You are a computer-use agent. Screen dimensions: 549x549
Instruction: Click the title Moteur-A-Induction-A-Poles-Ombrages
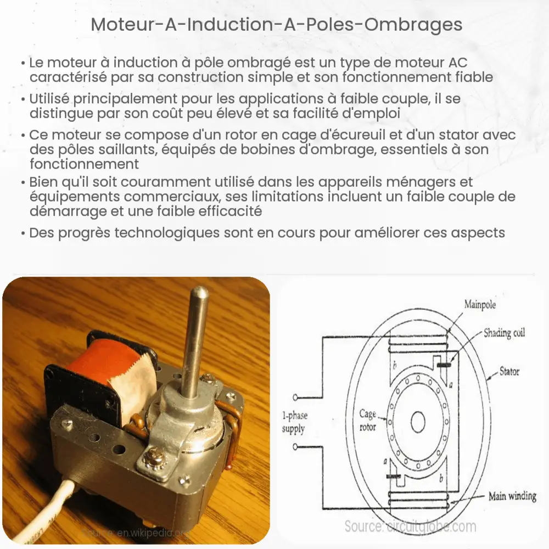point(274,25)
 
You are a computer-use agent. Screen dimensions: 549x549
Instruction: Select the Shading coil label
point(504,333)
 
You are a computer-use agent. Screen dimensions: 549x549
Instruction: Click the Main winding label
point(512,496)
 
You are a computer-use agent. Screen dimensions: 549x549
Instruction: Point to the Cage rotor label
point(367,420)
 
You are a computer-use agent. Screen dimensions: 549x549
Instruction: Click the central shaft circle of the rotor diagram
point(418,421)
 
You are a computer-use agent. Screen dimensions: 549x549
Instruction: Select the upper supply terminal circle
point(298,397)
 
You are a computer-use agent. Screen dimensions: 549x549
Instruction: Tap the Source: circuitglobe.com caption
point(410,526)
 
